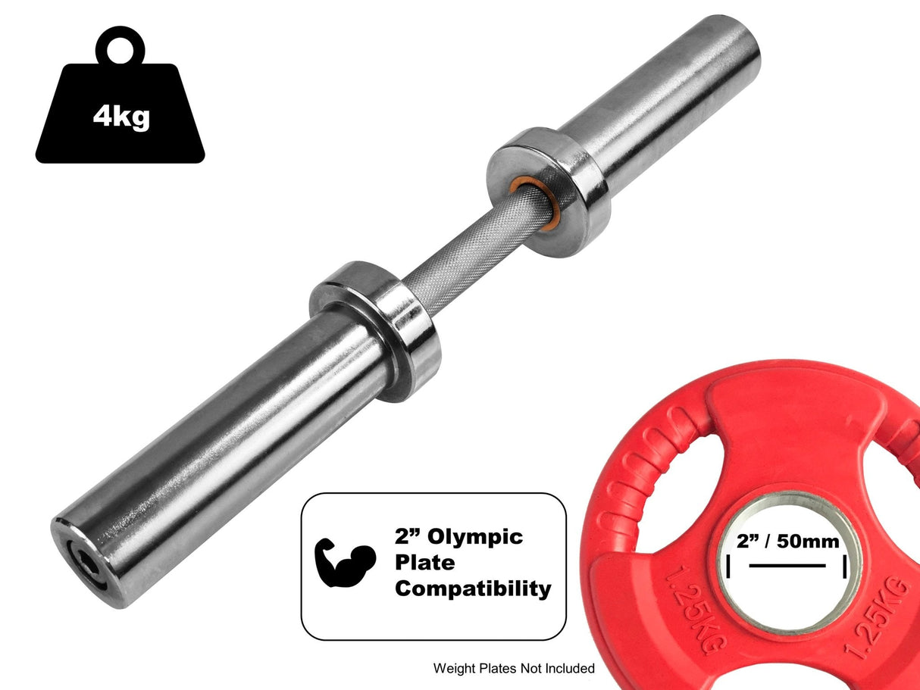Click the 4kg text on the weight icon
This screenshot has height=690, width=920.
[121, 117]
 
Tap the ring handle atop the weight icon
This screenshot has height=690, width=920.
[120, 47]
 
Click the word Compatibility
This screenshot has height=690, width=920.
[473, 589]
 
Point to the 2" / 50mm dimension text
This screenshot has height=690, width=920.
[787, 542]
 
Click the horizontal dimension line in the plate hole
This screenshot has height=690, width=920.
[787, 565]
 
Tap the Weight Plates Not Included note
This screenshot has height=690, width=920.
[514, 668]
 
